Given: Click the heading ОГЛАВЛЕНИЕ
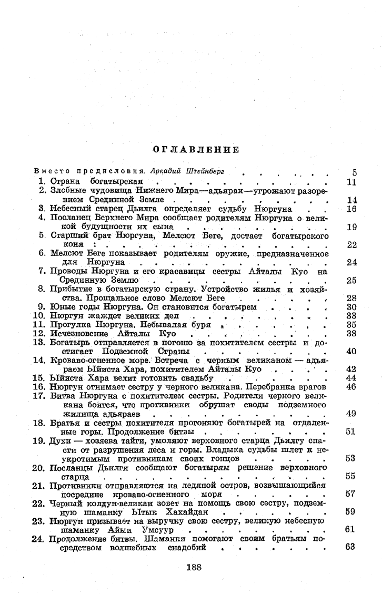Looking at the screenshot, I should click(196, 150).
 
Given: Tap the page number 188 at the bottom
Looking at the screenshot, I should click(195, 567).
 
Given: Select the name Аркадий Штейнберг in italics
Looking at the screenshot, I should click(183, 172).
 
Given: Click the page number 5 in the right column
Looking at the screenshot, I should click(354, 172).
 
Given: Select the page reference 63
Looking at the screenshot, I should click(351, 547).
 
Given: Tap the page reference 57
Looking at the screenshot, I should click(351, 494).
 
